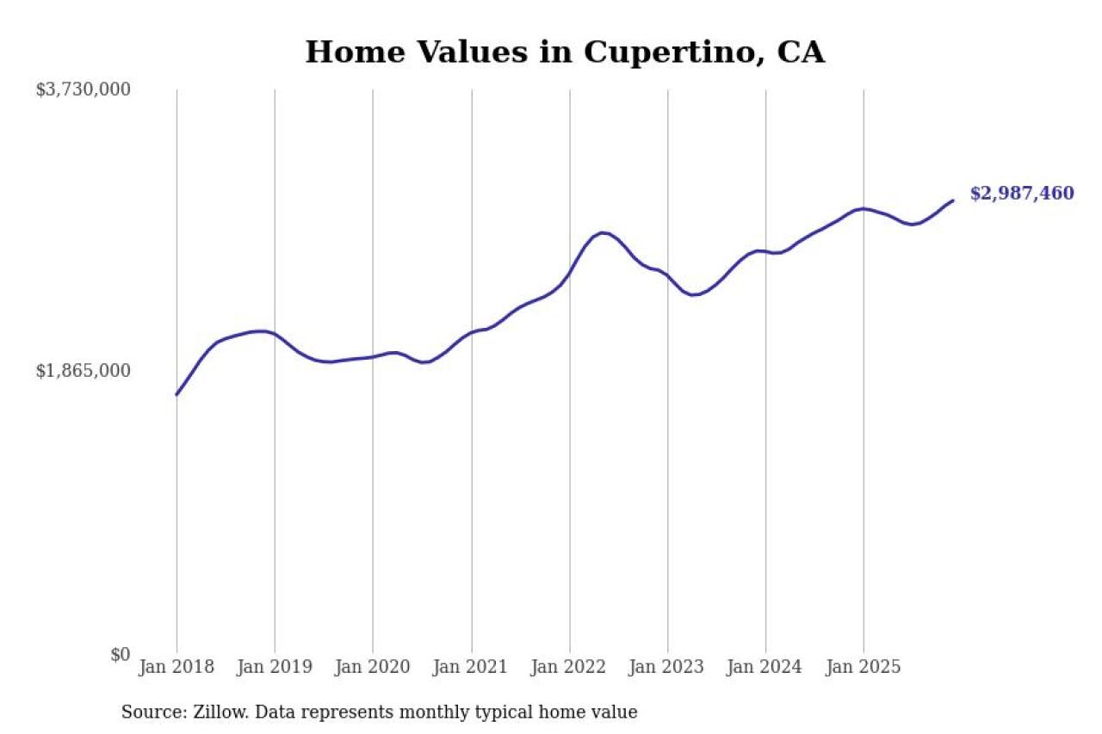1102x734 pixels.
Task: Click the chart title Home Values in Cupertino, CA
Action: click(565, 52)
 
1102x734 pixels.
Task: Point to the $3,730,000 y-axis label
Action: click(83, 89)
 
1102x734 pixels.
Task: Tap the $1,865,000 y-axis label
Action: click(83, 371)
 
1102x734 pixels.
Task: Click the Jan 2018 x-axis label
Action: click(176, 668)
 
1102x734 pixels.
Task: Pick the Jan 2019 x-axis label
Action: click(275, 668)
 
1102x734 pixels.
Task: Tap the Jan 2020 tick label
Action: click(373, 668)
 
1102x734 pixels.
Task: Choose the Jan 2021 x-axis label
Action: click(471, 668)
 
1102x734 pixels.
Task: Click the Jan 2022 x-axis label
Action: click(569, 668)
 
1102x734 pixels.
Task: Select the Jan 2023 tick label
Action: click(667, 668)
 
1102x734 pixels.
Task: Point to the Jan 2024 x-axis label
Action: click(765, 668)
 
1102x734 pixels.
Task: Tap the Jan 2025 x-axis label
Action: click(864, 668)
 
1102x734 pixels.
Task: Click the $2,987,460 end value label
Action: click(1022, 194)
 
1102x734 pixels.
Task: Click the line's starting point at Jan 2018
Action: click(176, 394)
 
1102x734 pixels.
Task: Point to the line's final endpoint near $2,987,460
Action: click(952, 200)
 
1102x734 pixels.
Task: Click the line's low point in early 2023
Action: click(694, 295)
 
